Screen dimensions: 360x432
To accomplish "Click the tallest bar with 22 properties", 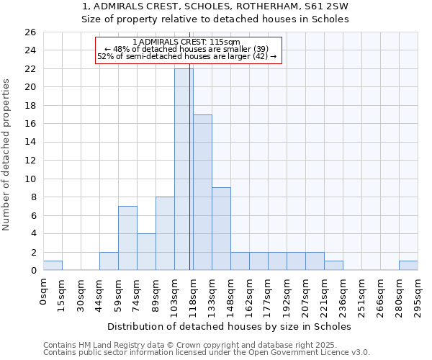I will pos(184,169).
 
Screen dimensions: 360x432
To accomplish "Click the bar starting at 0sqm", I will pos(53,266).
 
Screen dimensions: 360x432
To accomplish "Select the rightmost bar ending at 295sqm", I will pos(408,266).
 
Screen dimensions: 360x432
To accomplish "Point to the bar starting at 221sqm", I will pos(333,266).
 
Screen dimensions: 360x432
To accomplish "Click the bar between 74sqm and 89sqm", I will pos(146,252).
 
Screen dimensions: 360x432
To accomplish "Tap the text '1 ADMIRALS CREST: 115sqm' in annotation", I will pos(186,42).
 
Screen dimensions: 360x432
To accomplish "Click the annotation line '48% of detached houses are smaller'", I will pos(186,50).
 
